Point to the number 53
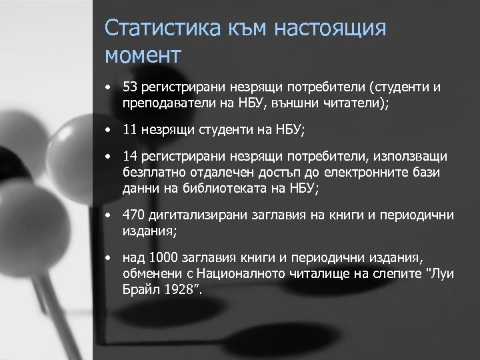130,87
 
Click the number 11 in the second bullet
130,130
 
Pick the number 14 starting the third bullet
130,156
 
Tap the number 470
133,215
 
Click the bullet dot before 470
108,215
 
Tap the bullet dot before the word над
108,258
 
